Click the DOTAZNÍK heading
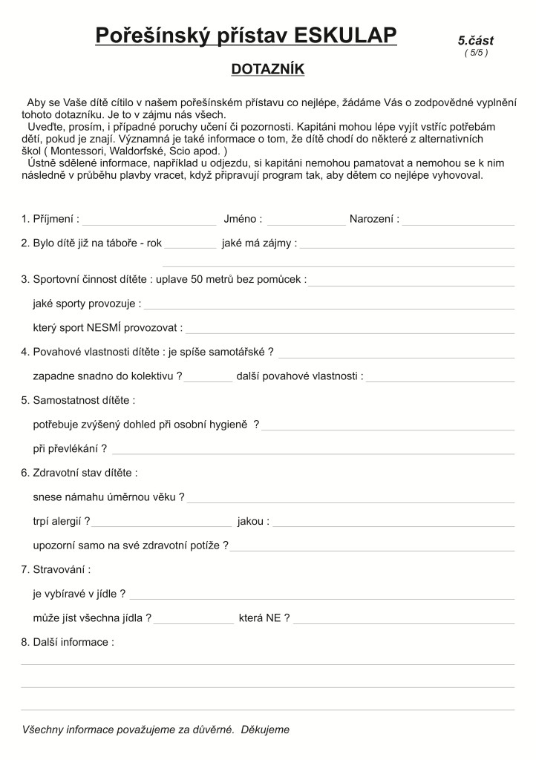(x=268, y=69)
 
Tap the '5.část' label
(x=475, y=41)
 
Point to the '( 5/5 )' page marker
(x=476, y=53)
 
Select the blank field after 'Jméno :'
(x=306, y=220)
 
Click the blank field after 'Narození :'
(x=458, y=220)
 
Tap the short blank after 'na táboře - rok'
(x=190, y=244)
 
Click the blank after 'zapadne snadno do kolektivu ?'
(x=208, y=378)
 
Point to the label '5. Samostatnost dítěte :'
(x=78, y=401)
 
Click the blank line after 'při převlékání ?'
(x=313, y=450)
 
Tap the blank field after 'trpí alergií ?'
(x=162, y=522)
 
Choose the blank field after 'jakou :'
(x=393, y=522)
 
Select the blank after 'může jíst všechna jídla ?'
(x=194, y=619)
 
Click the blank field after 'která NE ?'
(x=404, y=619)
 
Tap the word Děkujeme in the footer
(x=265, y=730)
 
